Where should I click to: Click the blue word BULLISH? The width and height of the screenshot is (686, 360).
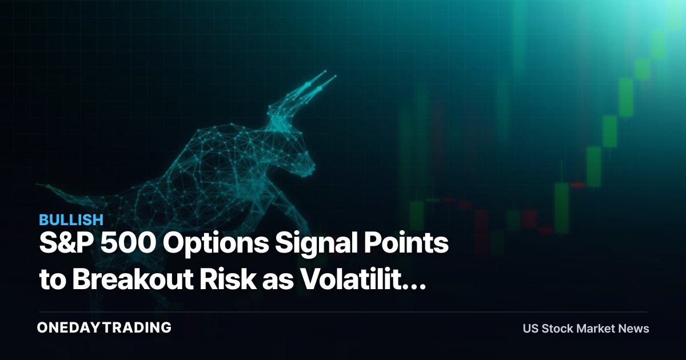click(x=71, y=220)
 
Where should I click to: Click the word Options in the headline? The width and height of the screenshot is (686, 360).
click(x=216, y=245)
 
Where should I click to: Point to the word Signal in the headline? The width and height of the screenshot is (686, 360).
click(x=316, y=245)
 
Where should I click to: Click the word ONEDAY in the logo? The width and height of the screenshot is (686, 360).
click(x=69, y=327)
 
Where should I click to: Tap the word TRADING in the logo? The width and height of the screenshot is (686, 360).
click(x=137, y=327)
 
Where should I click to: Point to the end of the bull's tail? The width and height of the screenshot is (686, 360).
click(x=38, y=185)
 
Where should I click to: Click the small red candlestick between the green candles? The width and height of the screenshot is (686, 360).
click(x=577, y=185)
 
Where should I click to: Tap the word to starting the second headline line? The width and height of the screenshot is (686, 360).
click(x=53, y=279)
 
